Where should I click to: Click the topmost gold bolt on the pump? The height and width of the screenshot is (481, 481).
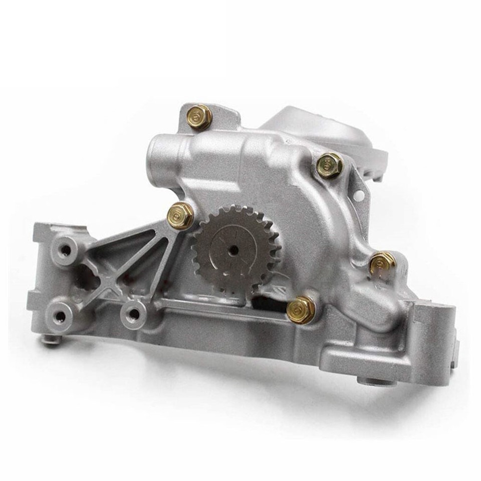[x=199, y=117]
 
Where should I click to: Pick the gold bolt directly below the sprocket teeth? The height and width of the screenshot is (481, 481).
[x=301, y=308]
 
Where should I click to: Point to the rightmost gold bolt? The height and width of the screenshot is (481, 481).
[x=383, y=264]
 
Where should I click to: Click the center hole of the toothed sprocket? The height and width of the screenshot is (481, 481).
[x=233, y=251]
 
